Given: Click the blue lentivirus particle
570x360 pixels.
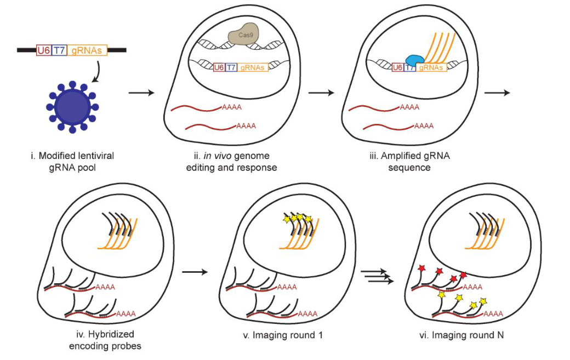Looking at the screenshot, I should coord(71,106).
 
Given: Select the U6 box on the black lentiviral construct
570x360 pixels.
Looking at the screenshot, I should coord(43,50).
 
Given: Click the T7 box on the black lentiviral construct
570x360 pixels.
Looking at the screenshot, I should coord(59,50).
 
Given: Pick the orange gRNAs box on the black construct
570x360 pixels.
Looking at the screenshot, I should coord(87,50).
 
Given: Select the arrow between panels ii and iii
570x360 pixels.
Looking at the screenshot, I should coord(321,93).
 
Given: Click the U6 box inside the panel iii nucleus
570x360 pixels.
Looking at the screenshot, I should coord(398,67).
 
